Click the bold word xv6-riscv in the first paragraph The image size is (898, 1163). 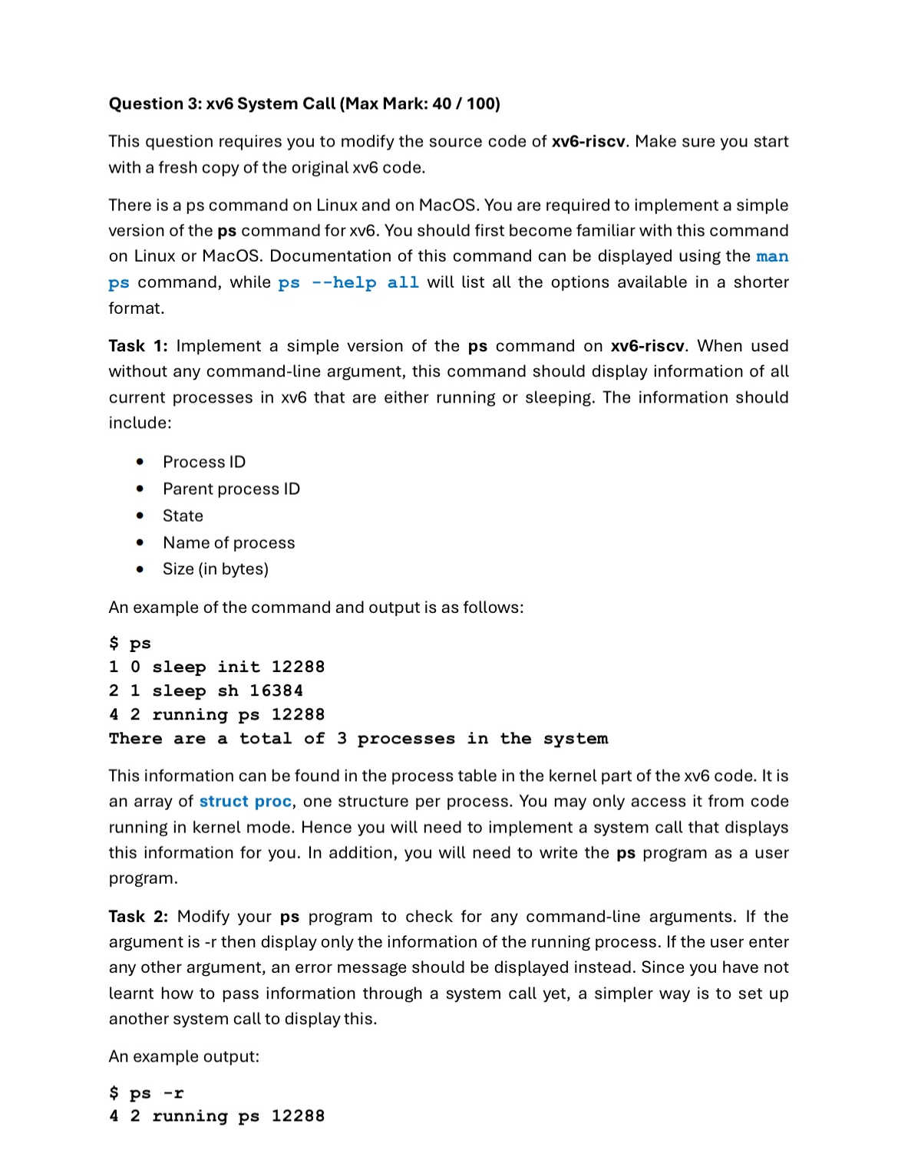click(588, 141)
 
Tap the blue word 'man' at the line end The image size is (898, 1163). click(771, 256)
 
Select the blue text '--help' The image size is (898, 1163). click(344, 282)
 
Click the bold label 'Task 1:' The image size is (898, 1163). click(138, 346)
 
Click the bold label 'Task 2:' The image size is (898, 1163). click(138, 917)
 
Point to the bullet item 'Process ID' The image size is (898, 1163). click(204, 462)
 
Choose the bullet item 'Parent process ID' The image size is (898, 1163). click(231, 489)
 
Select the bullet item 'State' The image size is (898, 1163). click(183, 516)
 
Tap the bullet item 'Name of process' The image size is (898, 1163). click(229, 542)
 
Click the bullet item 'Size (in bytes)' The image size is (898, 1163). click(216, 569)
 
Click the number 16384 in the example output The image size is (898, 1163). click(276, 691)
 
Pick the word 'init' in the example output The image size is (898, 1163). click(239, 667)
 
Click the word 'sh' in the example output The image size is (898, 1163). click(228, 691)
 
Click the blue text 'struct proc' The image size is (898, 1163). click(246, 802)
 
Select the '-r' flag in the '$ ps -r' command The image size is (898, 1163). click(173, 1093)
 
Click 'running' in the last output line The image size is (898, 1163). click(190, 1117)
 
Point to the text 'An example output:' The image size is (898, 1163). click(184, 1056)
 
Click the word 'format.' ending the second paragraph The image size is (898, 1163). click(137, 308)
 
